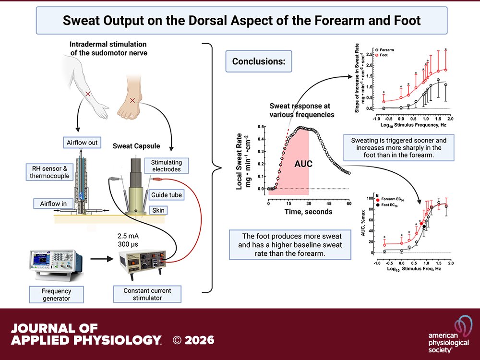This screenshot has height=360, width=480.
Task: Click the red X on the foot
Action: [x=132, y=100]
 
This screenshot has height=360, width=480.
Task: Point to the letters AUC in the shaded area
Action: [x=303, y=164]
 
